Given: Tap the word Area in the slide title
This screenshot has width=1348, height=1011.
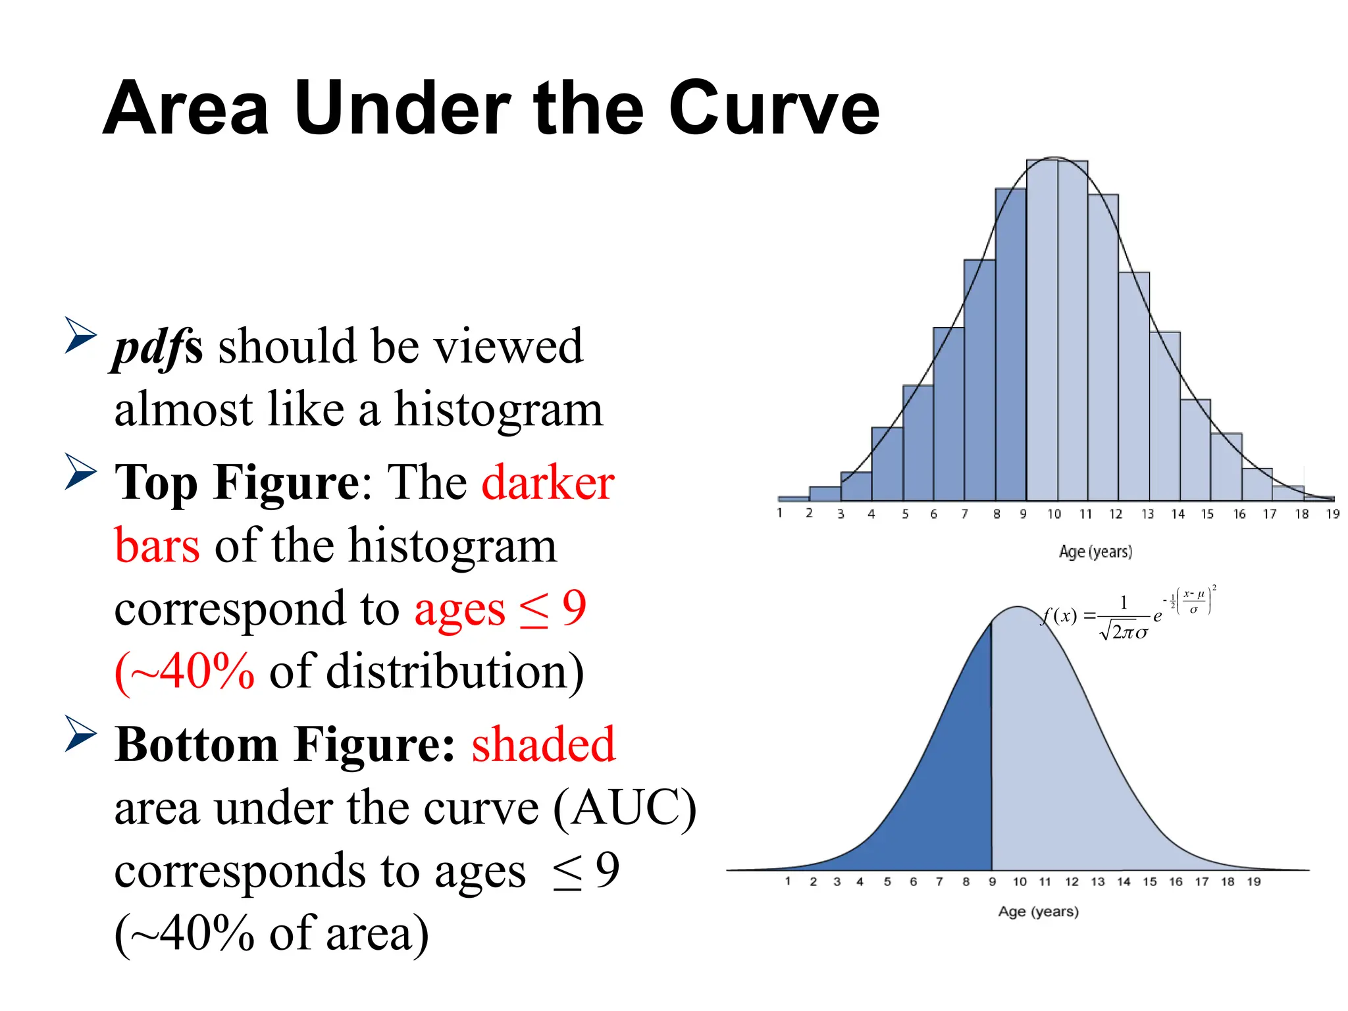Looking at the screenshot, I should click(x=186, y=109).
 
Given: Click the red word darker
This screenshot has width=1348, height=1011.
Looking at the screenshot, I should click(x=548, y=482).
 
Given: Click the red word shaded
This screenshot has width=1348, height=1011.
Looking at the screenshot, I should click(x=543, y=744).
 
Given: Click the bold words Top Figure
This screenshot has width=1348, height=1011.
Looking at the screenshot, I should click(x=237, y=482).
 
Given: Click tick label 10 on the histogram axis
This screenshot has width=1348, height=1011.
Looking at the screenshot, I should click(x=1054, y=514).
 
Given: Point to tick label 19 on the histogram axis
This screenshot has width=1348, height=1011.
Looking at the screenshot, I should click(x=1332, y=514).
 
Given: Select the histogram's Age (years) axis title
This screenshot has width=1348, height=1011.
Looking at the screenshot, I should click(x=1095, y=552).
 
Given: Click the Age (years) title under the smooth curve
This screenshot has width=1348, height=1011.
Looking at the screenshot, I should click(x=1038, y=912).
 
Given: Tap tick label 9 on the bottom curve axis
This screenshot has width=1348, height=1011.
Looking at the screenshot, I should click(x=992, y=882).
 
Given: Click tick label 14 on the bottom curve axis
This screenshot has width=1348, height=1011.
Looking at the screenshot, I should click(x=1124, y=882).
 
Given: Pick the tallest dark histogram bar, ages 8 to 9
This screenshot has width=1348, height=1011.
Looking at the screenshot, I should click(x=1010, y=342).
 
